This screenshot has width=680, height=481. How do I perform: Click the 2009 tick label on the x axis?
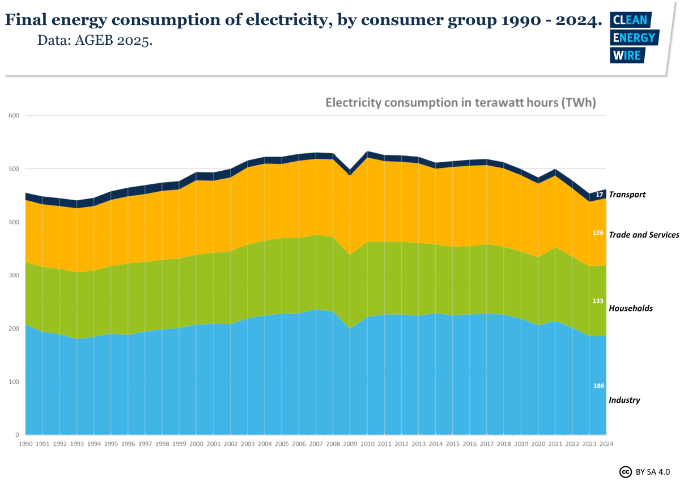(350, 444)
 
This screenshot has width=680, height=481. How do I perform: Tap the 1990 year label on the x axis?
(25, 444)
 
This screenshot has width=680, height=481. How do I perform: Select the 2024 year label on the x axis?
(607, 444)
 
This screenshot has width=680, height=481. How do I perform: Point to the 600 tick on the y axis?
(14, 116)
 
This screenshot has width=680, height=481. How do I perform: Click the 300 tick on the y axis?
(14, 276)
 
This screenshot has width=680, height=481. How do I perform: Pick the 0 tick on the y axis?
(18, 435)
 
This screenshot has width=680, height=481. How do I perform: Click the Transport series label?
(627, 195)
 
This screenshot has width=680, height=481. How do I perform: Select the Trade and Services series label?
(644, 234)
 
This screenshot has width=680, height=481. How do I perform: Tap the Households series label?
(631, 309)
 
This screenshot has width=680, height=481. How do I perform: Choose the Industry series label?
(624, 400)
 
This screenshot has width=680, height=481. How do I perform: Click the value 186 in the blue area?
(598, 386)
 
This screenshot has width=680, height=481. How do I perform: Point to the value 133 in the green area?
(598, 301)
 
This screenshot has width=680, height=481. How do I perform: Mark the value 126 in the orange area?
(598, 233)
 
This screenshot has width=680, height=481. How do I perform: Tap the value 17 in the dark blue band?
(600, 195)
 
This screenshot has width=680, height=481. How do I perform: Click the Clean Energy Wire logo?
(633, 37)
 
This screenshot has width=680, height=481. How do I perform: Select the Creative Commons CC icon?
(626, 471)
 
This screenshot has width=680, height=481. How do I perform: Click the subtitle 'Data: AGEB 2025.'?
(95, 41)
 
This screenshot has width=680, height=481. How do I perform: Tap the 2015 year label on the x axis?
(453, 444)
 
